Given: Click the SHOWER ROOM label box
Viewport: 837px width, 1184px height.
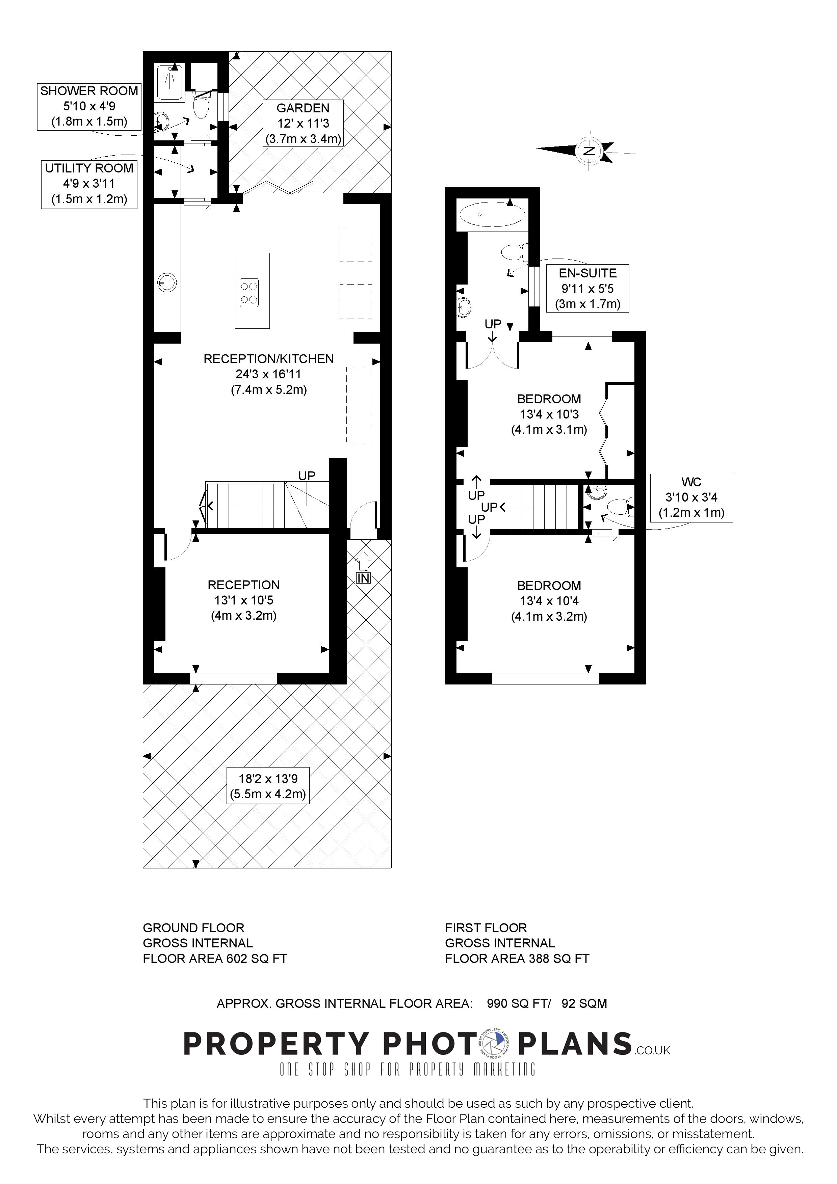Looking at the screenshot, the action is [89, 106].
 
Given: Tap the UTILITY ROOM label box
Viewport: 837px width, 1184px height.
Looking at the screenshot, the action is [89, 184].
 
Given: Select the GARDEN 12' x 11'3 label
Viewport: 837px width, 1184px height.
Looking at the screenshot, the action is [303, 123].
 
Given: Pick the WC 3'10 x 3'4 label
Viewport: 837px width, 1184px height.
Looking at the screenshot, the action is [691, 497].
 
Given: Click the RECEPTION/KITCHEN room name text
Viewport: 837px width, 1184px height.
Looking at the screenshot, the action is [269, 359].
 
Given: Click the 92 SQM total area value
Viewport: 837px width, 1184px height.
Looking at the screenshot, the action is [584, 1003].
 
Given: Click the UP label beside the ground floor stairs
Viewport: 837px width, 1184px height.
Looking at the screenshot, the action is [307, 476].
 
